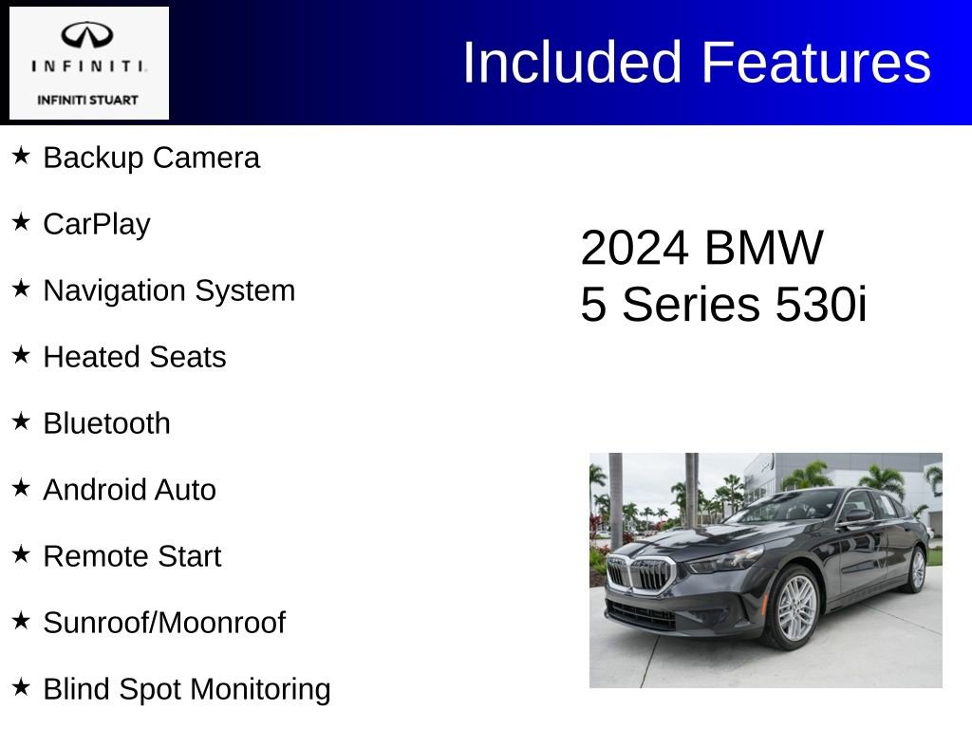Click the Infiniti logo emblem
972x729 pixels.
(88, 35)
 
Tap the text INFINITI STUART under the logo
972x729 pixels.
(88, 100)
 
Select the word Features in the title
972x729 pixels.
(816, 63)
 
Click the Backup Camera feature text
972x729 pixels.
(151, 158)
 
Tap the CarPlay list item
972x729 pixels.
(97, 224)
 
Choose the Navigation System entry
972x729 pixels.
(169, 290)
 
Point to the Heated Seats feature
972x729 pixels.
(135, 357)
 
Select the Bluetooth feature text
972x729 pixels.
(107, 423)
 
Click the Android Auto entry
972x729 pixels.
(129, 490)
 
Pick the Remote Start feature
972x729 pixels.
(132, 556)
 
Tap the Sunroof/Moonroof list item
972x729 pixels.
(164, 623)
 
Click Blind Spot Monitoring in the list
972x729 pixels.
(187, 689)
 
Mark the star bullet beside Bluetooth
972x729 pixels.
(21, 421)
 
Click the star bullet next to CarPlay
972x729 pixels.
(21, 221)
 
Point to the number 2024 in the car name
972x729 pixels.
(633, 249)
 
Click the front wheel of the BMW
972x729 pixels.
(795, 607)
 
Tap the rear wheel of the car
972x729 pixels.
(917, 570)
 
